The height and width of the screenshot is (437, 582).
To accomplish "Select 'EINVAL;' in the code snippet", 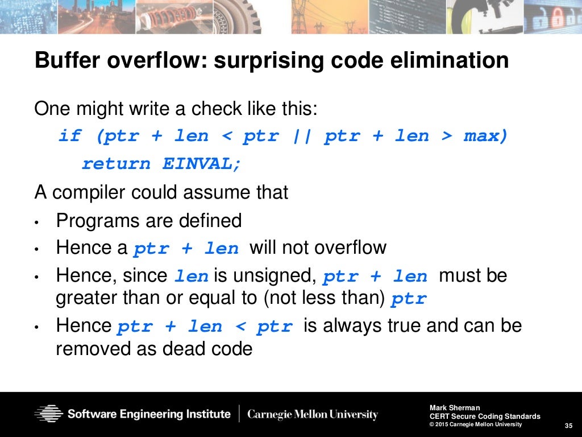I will [x=202, y=164].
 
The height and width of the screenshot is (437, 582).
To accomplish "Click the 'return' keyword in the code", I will [x=116, y=164].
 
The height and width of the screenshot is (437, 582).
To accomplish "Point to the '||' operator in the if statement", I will [x=301, y=137].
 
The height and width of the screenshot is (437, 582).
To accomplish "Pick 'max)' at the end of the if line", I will [x=485, y=137].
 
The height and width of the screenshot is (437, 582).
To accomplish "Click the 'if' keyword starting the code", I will [x=70, y=137].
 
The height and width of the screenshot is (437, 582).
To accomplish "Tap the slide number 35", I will [x=568, y=426].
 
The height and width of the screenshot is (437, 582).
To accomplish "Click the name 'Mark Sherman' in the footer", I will [x=455, y=407].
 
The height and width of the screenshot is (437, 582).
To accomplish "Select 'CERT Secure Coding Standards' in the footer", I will [x=485, y=416].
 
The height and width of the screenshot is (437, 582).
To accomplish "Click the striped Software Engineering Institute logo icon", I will [x=48, y=414].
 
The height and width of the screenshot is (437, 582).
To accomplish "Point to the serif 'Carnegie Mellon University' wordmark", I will [x=312, y=414].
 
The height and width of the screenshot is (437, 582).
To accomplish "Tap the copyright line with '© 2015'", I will [x=475, y=424].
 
